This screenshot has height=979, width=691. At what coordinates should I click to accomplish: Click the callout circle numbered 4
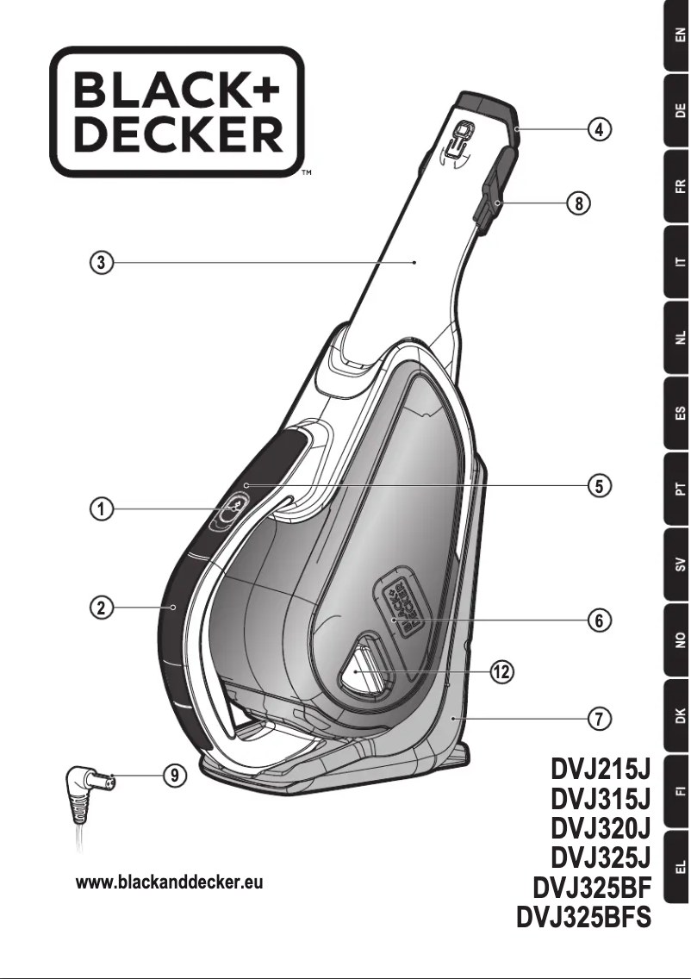601,130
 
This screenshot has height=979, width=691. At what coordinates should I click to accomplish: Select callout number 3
102,263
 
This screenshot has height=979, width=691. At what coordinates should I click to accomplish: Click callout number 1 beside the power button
102,509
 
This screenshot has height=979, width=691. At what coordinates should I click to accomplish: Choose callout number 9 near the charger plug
175,776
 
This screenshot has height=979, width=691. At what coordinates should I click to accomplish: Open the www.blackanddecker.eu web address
170,883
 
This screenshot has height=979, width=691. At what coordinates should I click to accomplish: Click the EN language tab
679,36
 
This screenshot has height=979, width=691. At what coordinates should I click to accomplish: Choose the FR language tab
679,186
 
